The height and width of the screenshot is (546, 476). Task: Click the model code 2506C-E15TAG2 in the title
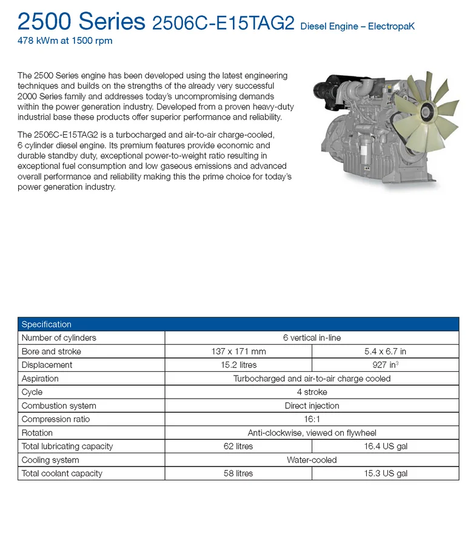(x=223, y=23)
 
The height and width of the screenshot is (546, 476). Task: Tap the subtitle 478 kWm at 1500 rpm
(x=65, y=41)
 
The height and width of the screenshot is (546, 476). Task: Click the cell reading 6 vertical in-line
(x=312, y=338)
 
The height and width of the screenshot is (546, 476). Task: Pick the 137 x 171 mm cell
(x=238, y=351)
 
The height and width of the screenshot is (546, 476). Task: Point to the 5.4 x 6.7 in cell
(x=385, y=351)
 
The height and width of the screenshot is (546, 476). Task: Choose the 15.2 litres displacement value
(x=238, y=365)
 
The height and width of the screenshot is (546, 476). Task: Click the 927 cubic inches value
(x=385, y=365)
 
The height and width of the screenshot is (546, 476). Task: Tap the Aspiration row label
(x=40, y=379)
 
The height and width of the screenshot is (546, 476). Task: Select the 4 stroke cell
(x=312, y=392)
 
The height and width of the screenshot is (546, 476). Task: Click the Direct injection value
(x=312, y=406)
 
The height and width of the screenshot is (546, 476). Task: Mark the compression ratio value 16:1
(x=312, y=419)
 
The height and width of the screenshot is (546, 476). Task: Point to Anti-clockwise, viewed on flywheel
(x=312, y=433)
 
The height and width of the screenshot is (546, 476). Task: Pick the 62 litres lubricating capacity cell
(x=238, y=447)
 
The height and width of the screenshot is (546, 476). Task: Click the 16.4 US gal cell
(x=385, y=447)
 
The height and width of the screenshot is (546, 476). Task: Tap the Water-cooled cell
(x=312, y=460)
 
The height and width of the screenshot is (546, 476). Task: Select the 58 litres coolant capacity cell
(x=238, y=473)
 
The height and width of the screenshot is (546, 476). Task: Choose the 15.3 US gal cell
(x=385, y=473)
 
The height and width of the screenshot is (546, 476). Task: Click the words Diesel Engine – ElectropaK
(x=357, y=27)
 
